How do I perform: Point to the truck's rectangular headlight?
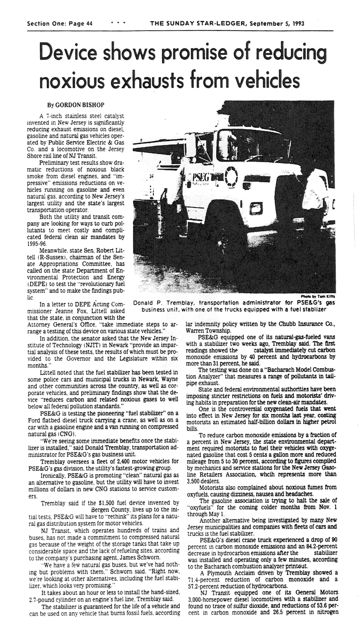click(256, 208)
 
